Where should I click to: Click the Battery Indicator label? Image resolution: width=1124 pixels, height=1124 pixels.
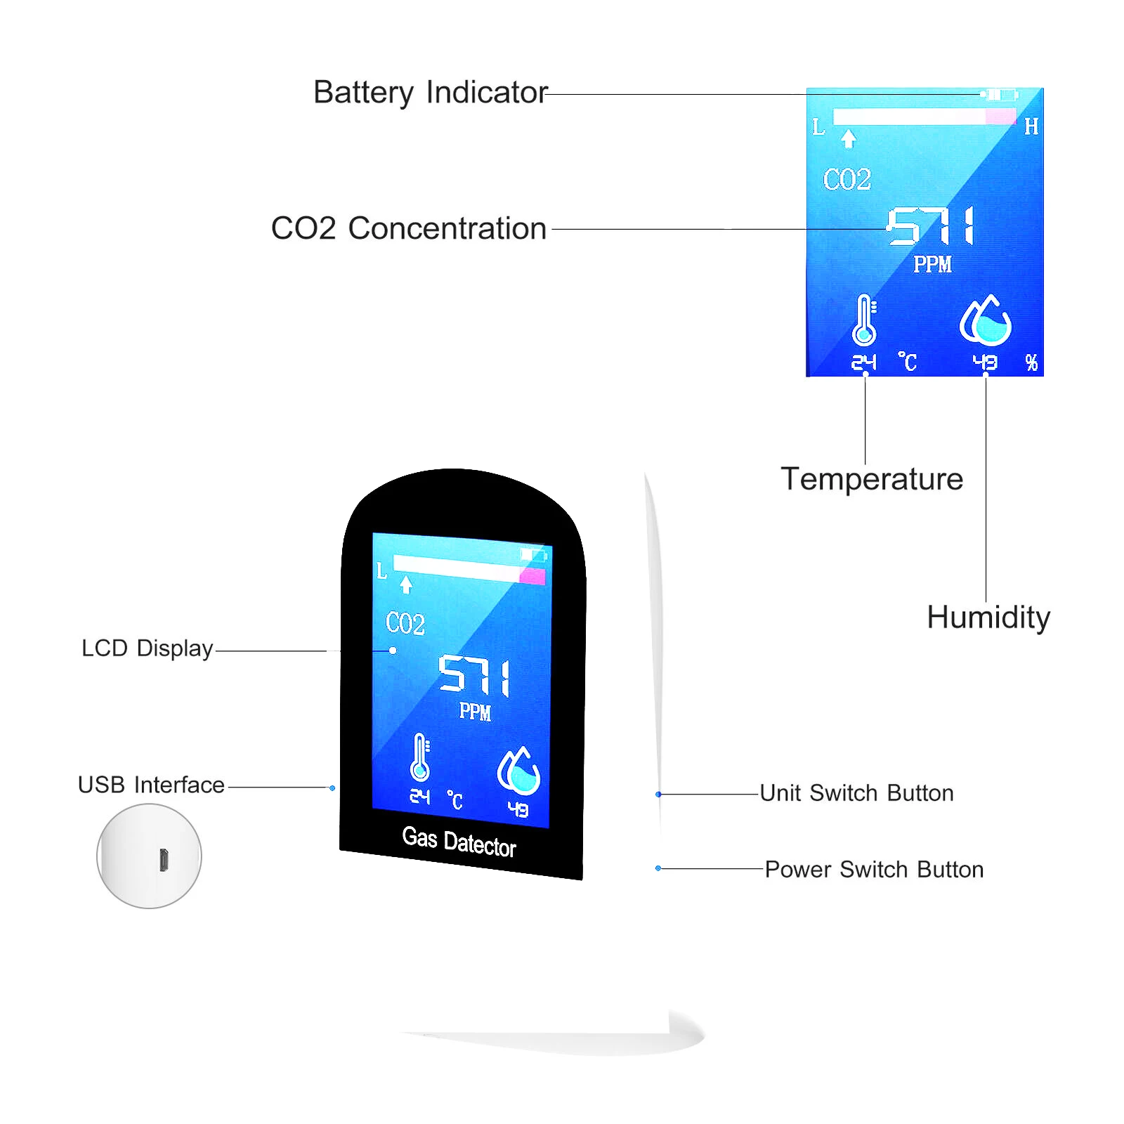(x=430, y=93)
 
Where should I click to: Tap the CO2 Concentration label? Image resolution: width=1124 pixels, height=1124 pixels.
(x=409, y=228)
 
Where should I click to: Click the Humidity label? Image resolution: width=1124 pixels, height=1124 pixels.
(x=988, y=618)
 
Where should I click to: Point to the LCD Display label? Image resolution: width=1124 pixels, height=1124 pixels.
(x=148, y=648)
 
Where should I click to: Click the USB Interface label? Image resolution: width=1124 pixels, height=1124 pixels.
(x=151, y=785)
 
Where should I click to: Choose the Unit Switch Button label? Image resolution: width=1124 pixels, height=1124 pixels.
(x=857, y=793)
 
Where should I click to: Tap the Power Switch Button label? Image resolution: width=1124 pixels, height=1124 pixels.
(x=874, y=870)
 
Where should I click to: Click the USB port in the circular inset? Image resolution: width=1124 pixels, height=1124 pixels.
(x=164, y=860)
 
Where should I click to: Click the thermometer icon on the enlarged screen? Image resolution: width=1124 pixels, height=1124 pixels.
(x=864, y=320)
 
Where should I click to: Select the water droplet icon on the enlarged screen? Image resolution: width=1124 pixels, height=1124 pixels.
(x=985, y=320)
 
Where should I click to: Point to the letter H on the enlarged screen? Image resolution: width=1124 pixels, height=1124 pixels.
(x=1031, y=126)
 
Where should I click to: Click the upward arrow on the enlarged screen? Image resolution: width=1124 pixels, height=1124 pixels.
(x=849, y=138)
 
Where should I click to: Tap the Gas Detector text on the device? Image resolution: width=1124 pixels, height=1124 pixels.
(x=459, y=842)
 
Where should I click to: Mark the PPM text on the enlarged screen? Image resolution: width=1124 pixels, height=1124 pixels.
(x=933, y=264)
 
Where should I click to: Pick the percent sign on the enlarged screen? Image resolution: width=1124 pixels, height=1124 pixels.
(x=1031, y=362)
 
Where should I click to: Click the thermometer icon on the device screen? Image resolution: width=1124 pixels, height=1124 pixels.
(x=420, y=757)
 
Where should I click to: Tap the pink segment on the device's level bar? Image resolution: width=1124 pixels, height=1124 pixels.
(x=532, y=577)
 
